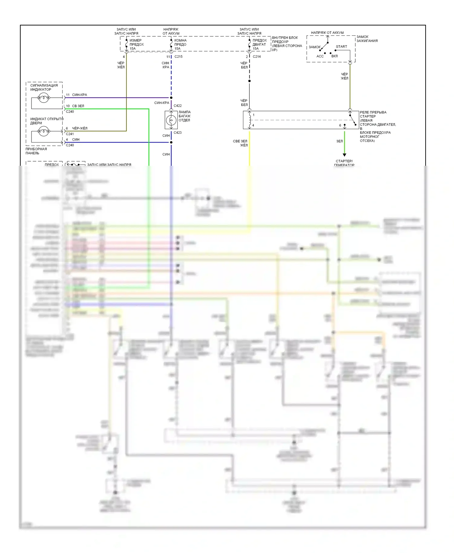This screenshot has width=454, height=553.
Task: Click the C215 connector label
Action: (x=178, y=57)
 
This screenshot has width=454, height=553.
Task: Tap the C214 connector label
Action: (x=257, y=57)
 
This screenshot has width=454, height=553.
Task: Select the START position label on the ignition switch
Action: (x=341, y=47)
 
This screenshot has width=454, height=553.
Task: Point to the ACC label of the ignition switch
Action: (x=320, y=56)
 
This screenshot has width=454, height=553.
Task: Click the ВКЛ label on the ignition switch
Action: (x=334, y=56)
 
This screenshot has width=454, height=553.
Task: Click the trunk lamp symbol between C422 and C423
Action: (x=171, y=120)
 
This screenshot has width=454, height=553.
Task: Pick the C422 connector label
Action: (x=178, y=106)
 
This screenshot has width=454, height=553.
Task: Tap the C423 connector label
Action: (x=178, y=133)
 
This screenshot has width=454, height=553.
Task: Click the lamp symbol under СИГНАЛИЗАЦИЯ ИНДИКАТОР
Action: (x=43, y=98)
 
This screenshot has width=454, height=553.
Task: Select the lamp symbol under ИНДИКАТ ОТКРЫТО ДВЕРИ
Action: (x=43, y=131)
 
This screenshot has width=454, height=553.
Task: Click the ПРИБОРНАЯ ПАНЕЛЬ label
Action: (x=36, y=151)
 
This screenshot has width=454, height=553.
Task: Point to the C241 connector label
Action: (x=70, y=134)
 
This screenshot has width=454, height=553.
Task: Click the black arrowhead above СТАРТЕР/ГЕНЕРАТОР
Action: (x=344, y=155)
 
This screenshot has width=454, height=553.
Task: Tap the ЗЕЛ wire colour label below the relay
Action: (x=340, y=141)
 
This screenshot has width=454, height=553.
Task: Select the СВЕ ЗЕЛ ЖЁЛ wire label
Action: (x=240, y=143)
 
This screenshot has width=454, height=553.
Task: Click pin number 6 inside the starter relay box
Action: (x=340, y=125)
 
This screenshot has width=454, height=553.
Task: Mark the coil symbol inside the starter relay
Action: (x=249, y=119)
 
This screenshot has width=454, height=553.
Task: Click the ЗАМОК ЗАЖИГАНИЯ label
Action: (x=367, y=39)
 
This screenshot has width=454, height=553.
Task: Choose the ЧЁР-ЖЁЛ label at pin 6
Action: (x=80, y=128)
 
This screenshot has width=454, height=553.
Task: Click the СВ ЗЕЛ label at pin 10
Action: (x=78, y=106)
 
